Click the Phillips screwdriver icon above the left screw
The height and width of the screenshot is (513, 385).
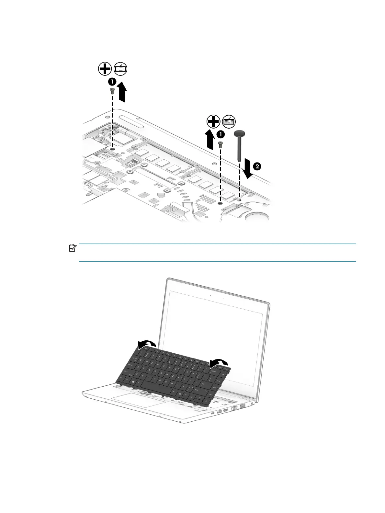pos(105,69)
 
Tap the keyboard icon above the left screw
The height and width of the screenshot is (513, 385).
pos(121,69)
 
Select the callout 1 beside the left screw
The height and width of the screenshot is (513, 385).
pos(112,81)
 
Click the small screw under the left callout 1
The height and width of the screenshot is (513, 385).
pos(112,91)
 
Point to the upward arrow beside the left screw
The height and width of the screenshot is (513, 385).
pos(122,92)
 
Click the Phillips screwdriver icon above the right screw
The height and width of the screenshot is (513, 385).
pos(213,122)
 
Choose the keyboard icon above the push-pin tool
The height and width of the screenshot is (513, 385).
pos(229,122)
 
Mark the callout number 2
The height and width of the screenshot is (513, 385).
pos(257,166)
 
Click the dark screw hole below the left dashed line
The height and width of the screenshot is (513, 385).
pos(112,149)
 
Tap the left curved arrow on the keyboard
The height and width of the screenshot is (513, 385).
pos(147,345)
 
